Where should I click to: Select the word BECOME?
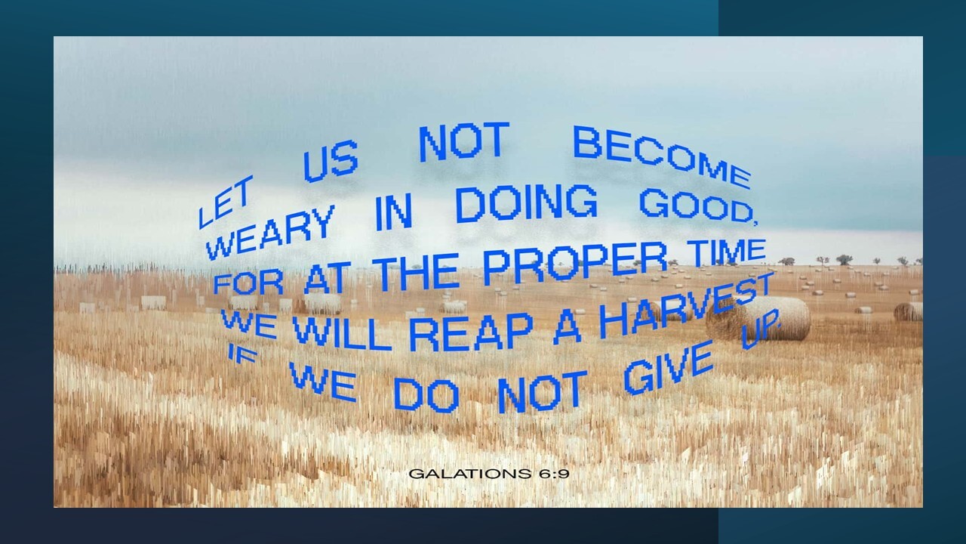pos(662,156)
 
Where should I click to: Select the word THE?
pos(418,273)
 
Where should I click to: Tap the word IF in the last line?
pos(241,355)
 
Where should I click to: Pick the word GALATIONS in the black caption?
pos(470,474)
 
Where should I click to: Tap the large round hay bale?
pos(759,319)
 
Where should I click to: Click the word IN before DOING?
pos(394,213)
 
